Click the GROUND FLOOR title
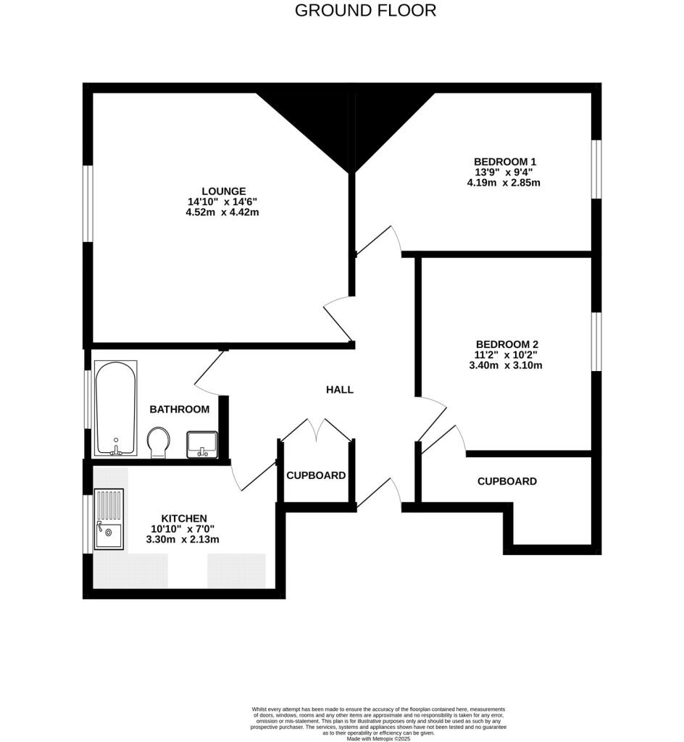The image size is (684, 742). (x=366, y=11)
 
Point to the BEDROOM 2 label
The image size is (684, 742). (x=507, y=344)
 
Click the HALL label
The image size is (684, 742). (x=339, y=390)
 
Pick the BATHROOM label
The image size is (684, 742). (x=179, y=409)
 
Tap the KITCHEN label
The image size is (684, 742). (x=183, y=518)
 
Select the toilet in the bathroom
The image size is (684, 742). (x=159, y=441)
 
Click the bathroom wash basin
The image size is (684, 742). (x=201, y=443)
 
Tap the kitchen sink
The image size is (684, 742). (x=109, y=519)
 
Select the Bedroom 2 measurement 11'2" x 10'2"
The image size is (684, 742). (x=506, y=355)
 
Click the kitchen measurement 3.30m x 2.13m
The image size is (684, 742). (x=183, y=540)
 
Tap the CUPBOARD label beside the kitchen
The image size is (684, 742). (x=316, y=476)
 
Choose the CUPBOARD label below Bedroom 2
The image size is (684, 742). (x=506, y=481)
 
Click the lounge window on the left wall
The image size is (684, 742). (x=87, y=204)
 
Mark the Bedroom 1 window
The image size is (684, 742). (x=596, y=168)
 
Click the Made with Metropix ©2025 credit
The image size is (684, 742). (x=378, y=738)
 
